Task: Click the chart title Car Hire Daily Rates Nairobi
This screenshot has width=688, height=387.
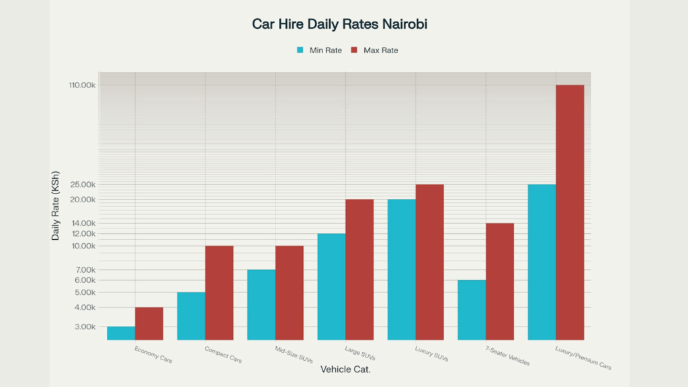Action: (x=339, y=24)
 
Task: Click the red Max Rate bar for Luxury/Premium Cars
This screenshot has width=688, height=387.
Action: (x=570, y=212)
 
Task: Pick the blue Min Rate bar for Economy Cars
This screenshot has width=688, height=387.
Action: (x=121, y=333)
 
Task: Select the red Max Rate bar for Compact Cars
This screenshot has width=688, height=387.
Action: (x=219, y=292)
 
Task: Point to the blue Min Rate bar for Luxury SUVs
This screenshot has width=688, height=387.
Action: (x=402, y=269)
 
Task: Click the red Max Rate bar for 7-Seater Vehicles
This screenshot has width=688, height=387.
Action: (x=500, y=281)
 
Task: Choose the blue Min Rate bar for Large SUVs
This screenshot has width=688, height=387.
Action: (x=331, y=286)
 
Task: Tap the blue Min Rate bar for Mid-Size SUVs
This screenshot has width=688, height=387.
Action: (x=261, y=304)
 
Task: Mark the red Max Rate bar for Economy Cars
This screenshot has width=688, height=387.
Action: (x=149, y=323)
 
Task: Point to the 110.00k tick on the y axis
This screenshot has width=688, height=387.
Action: (x=82, y=85)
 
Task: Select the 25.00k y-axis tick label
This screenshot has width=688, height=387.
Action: (x=83, y=185)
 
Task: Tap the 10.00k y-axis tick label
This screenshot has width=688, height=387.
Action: (x=83, y=247)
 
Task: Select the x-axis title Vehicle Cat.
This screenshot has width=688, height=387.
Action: (x=345, y=370)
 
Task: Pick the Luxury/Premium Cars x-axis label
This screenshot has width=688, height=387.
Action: (x=583, y=358)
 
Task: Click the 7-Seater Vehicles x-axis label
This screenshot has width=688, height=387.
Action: (x=507, y=356)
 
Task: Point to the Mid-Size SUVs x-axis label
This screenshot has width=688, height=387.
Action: (x=293, y=354)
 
